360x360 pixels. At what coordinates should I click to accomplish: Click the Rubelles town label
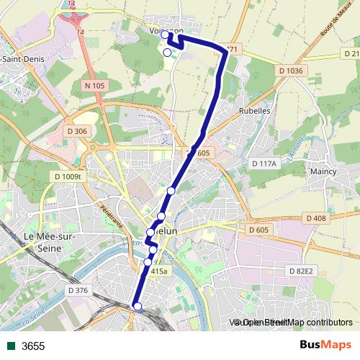click(x=253, y=112)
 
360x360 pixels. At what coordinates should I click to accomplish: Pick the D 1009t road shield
click(x=70, y=176)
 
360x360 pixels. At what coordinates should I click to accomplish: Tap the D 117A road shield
click(x=264, y=164)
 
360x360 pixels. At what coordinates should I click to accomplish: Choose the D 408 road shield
click(x=316, y=217)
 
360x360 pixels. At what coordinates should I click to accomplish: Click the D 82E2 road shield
click(x=300, y=271)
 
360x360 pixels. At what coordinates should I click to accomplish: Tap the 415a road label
click(x=159, y=271)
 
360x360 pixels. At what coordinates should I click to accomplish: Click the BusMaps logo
click(x=325, y=346)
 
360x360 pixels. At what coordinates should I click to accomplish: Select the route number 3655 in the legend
click(x=33, y=346)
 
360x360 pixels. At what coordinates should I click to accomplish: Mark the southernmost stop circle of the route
click(x=138, y=307)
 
